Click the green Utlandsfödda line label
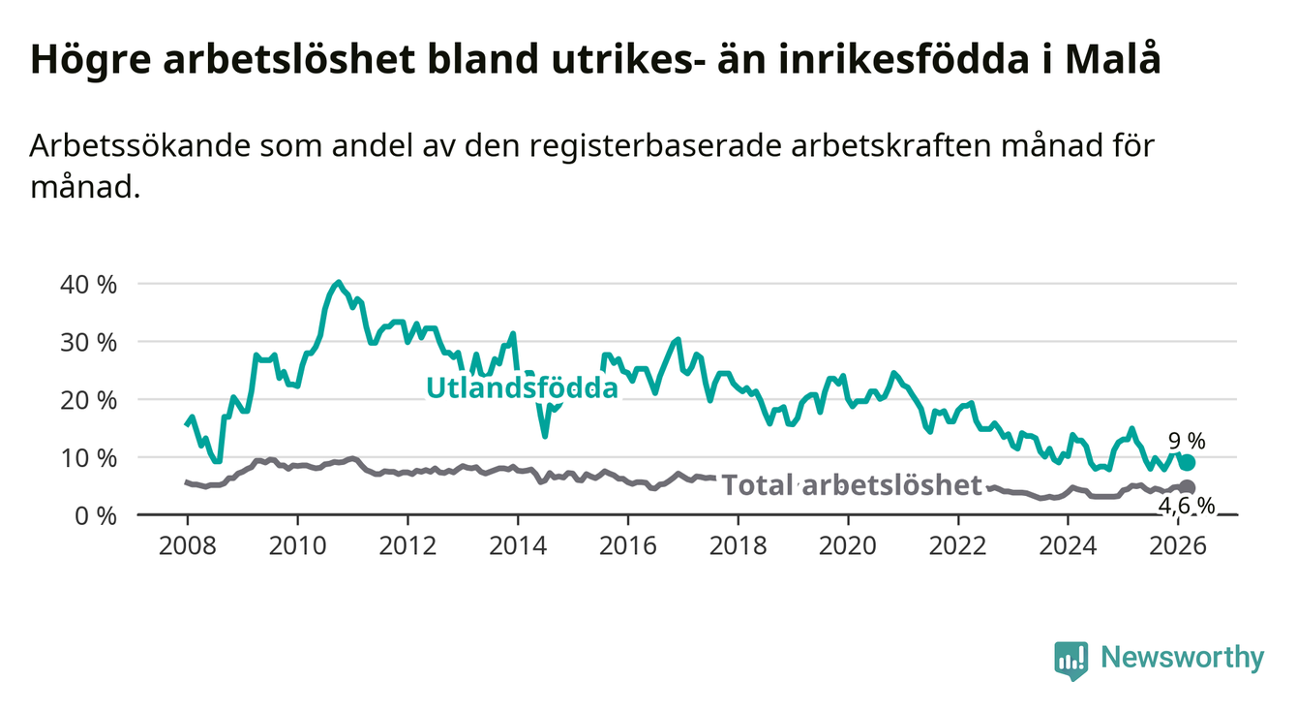point(522,389)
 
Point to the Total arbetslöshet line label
point(852,485)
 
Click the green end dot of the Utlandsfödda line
point(1187,462)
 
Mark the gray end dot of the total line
point(1188,487)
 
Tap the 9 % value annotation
point(1186,442)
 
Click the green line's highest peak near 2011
point(337,283)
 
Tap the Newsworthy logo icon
point(1071,660)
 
